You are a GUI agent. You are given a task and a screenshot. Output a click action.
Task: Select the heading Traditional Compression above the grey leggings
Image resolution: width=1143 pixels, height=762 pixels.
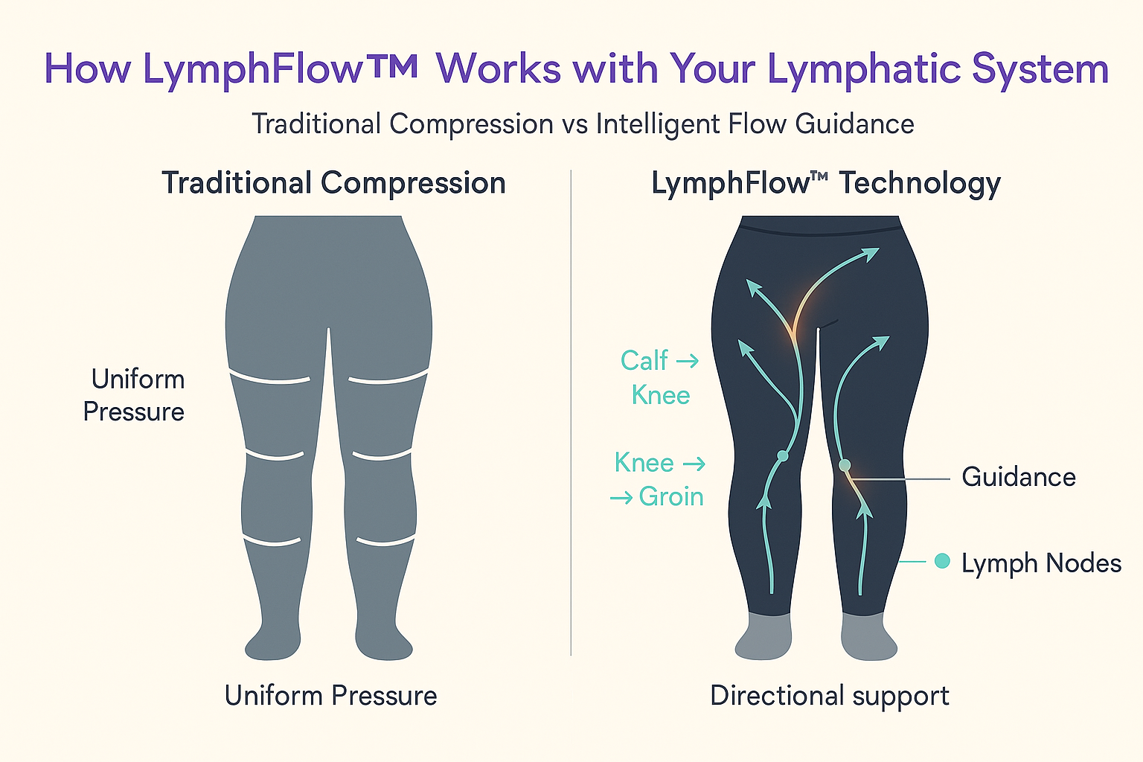[x=333, y=183]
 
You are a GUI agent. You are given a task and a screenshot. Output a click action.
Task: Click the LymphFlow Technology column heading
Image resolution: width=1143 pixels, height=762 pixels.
[x=825, y=183]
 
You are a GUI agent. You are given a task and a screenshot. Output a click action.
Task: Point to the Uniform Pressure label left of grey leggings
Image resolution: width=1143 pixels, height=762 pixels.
[x=135, y=395]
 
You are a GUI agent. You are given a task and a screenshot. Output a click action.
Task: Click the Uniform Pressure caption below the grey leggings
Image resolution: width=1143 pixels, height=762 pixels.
[x=330, y=696]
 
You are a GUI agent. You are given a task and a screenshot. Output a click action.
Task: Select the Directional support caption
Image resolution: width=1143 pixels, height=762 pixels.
[x=829, y=696]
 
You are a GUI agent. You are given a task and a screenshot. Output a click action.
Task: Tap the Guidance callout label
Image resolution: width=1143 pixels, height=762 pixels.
[x=1018, y=477]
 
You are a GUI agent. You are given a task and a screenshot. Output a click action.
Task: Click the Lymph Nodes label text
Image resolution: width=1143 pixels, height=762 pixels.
[x=1040, y=563]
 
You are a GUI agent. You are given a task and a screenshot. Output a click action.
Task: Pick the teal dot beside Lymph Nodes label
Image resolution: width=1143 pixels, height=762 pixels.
[x=942, y=561]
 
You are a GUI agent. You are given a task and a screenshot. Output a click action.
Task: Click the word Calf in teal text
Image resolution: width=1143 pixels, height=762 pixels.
[x=644, y=361]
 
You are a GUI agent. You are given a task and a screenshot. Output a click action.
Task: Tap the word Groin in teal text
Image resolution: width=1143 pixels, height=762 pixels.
[x=670, y=496]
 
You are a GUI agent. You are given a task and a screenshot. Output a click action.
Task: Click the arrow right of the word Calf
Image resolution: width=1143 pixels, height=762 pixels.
[x=688, y=362]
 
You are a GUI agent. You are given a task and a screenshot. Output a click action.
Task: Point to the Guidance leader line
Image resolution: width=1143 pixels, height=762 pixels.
[x=900, y=479]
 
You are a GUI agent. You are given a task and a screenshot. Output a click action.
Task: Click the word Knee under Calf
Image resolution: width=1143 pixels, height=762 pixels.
[x=660, y=395]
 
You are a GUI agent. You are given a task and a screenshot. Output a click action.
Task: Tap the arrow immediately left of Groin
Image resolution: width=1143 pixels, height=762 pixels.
[x=621, y=497]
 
